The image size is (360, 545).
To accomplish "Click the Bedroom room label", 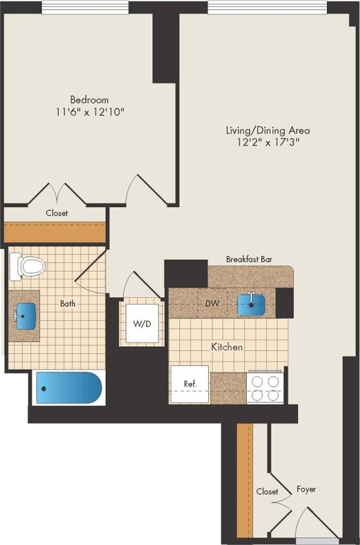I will click(x=89, y=100).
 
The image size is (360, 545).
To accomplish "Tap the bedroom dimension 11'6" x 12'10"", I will click(x=89, y=112).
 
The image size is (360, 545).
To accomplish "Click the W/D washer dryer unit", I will click(x=142, y=322).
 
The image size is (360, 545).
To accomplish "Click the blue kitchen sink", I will click(x=251, y=303).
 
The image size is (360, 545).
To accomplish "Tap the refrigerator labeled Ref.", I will click(x=189, y=384).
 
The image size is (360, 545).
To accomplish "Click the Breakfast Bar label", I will click(x=249, y=259).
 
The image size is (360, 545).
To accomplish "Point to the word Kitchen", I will click(x=227, y=347).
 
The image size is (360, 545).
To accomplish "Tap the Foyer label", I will click(x=306, y=489).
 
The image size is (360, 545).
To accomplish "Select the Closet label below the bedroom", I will click(x=57, y=212).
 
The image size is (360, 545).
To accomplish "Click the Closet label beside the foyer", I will click(x=267, y=491).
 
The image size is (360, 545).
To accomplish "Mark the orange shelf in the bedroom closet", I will click(x=54, y=232).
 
